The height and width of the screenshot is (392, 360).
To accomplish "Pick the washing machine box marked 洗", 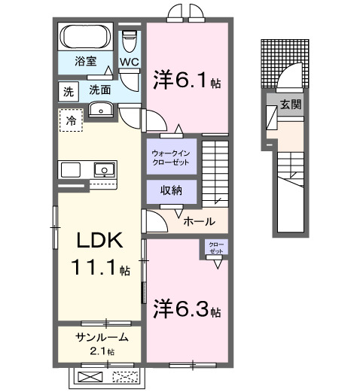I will point(69,91).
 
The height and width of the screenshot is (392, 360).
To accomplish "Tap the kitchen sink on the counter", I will point(102,169).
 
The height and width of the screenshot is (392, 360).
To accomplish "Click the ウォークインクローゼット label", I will point(172,156).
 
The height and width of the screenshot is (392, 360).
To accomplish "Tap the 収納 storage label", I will point(171,190).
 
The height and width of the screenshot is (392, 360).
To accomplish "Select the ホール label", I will point(199,221).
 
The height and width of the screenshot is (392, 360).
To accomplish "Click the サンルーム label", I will point(101,338).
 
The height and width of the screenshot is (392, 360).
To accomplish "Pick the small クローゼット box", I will point(216,248).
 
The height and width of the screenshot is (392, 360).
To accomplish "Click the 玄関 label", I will point(291,105).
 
